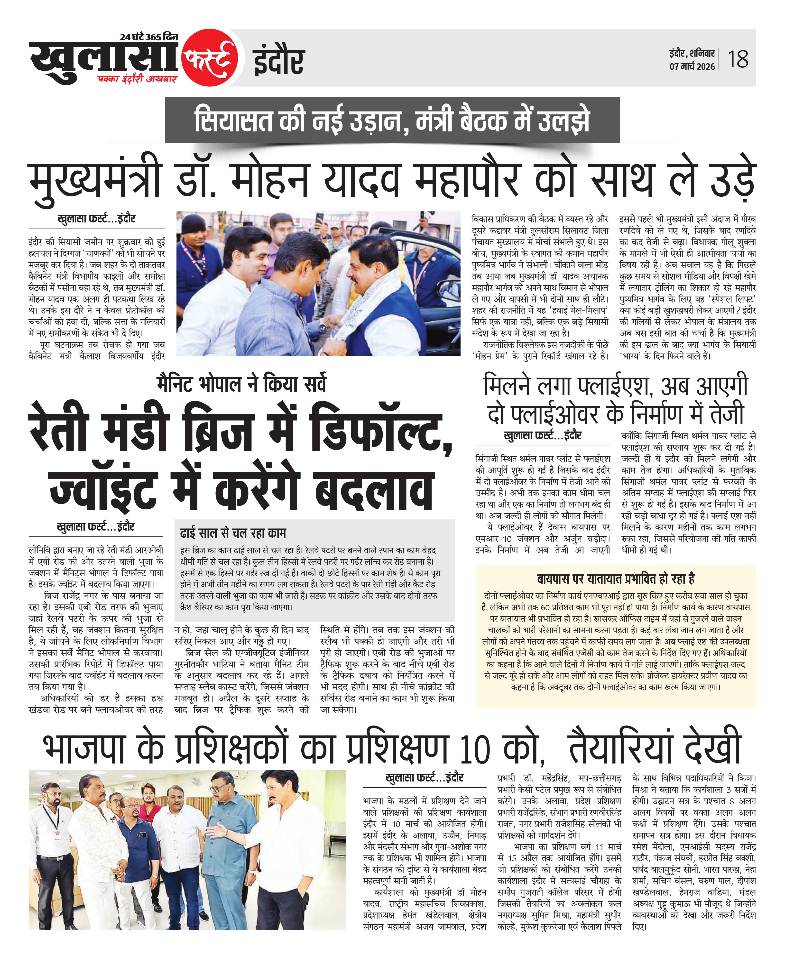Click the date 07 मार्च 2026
pos(692,66)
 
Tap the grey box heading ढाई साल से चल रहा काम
pos(233,534)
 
